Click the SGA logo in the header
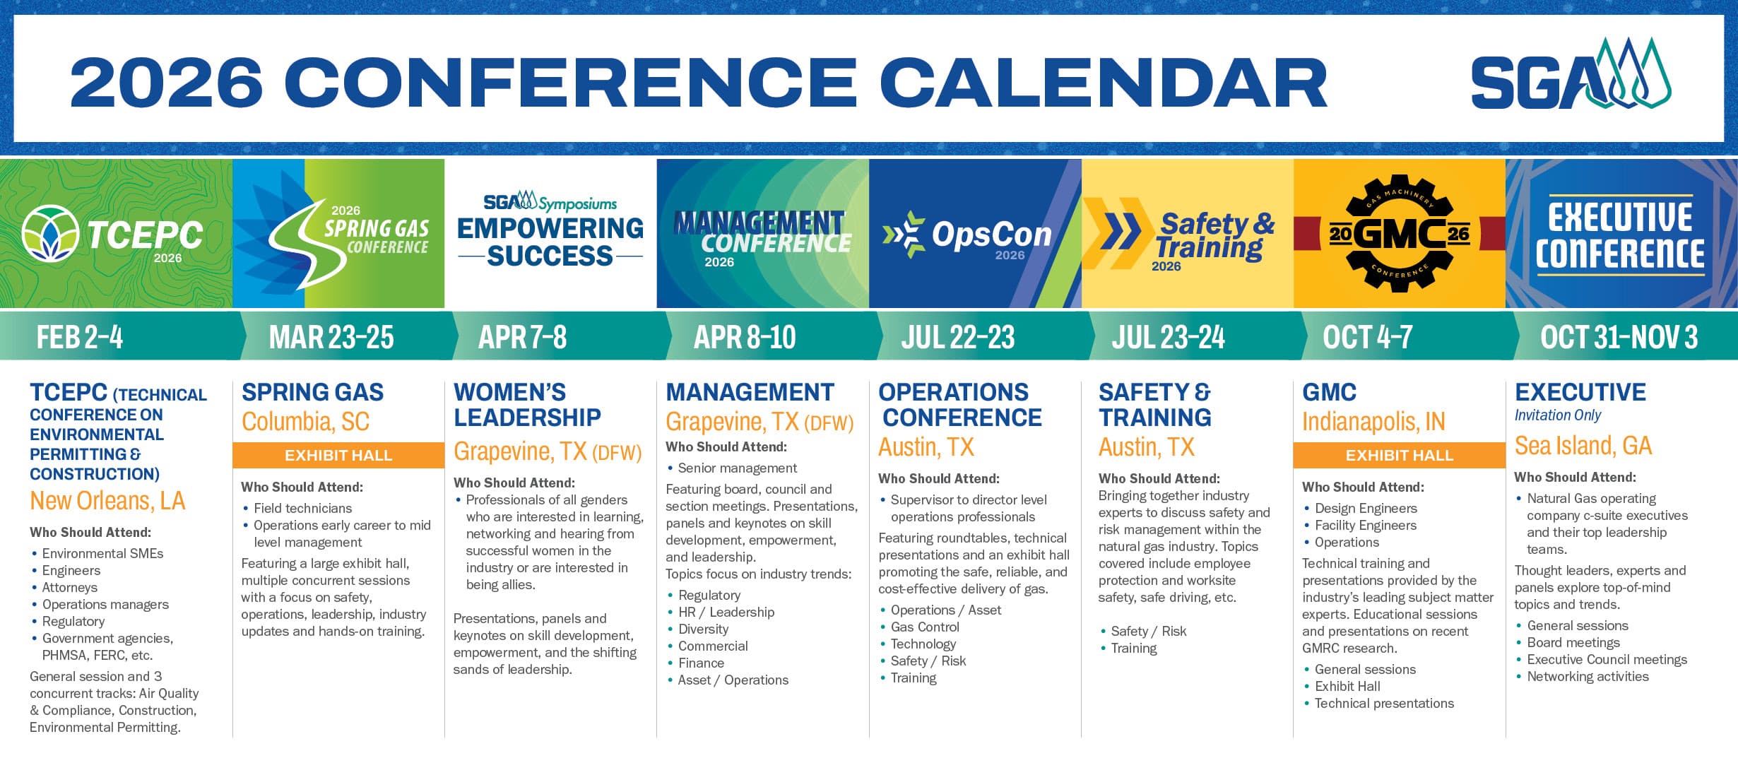pyautogui.click(x=1571, y=74)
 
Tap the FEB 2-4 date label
pyautogui.click(x=80, y=337)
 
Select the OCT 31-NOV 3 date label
pyautogui.click(x=1619, y=337)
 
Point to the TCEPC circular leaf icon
pyautogui.click(x=50, y=233)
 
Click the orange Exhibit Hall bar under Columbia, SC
pyautogui.click(x=338, y=455)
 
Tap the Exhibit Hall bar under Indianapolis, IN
pyautogui.click(x=1400, y=455)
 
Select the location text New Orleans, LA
pyautogui.click(x=107, y=501)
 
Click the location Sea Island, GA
pyautogui.click(x=1583, y=446)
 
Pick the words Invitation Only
pyautogui.click(x=1558, y=415)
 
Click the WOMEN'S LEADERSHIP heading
pyautogui.click(x=527, y=405)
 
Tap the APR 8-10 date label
pyautogui.click(x=745, y=337)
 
